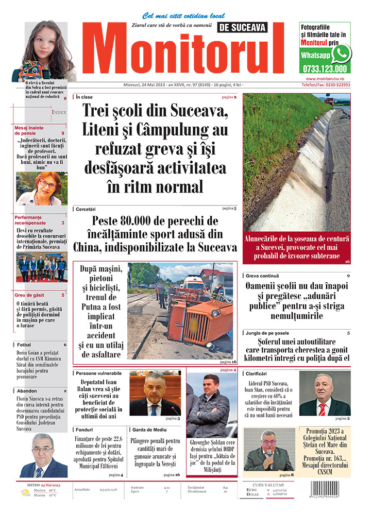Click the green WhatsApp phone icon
point(341,54)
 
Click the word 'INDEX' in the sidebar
point(59,112)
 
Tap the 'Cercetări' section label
point(86,209)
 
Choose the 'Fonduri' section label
point(83,429)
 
